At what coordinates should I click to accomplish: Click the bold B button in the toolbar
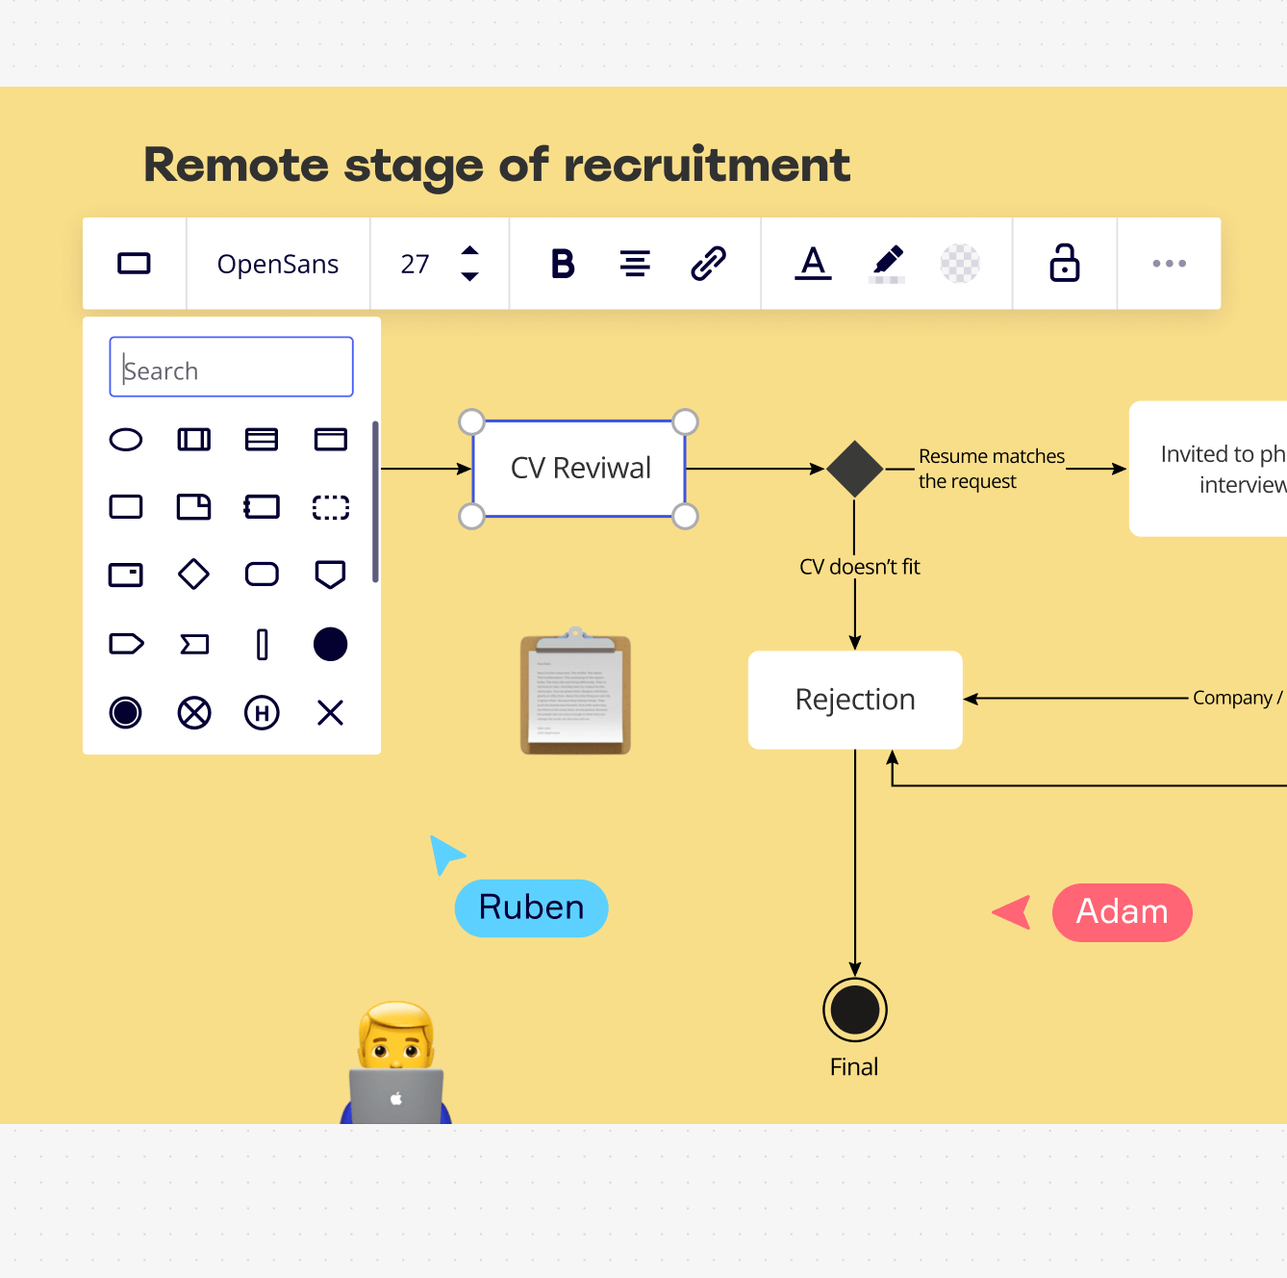(x=563, y=264)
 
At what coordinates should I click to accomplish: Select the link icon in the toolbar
(x=708, y=263)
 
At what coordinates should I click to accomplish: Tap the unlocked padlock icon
(x=1064, y=263)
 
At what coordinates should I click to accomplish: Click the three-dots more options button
(x=1169, y=264)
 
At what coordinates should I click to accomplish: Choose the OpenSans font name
(x=278, y=264)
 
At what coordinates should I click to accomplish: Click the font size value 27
(x=415, y=264)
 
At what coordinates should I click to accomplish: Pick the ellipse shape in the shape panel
(x=126, y=440)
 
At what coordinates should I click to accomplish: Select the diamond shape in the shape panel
(x=193, y=575)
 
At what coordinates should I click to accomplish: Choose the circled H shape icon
(x=262, y=713)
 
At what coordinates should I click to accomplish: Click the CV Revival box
(x=580, y=469)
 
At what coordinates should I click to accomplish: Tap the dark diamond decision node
(x=854, y=469)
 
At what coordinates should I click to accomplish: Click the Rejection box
(x=855, y=700)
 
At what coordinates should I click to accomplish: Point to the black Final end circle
(x=854, y=1010)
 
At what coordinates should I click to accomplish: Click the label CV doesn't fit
(x=859, y=567)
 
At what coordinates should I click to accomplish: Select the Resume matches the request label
(x=991, y=469)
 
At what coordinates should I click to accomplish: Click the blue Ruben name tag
(x=531, y=907)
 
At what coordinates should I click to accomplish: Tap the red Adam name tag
(x=1122, y=911)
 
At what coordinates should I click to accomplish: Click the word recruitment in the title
(x=707, y=165)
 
